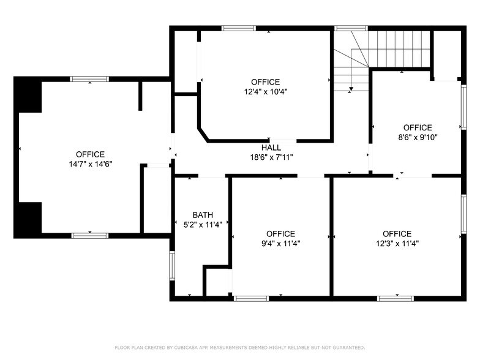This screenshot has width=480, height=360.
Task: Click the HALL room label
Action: coord(271,148)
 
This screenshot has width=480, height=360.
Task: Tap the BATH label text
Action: coord(203,215)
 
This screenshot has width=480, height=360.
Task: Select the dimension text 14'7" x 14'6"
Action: coord(90,164)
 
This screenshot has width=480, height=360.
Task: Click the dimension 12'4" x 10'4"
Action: coord(265,92)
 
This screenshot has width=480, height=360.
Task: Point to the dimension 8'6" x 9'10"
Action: coord(418,137)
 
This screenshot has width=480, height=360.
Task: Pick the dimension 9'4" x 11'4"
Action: coord(280,243)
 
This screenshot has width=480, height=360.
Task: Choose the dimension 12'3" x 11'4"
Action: coord(397,243)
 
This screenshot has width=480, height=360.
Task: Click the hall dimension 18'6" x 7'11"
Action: coord(271,157)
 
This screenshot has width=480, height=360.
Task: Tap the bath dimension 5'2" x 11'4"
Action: coord(203,224)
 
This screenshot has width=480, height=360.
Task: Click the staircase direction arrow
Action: coord(351,89)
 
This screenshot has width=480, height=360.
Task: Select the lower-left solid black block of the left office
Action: coord(28,219)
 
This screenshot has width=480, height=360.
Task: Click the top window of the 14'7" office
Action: coord(89,79)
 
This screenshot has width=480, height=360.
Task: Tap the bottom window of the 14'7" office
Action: coord(90,235)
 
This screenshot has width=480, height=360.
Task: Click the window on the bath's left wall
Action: coord(172,265)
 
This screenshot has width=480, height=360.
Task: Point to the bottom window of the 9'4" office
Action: coord(251,298)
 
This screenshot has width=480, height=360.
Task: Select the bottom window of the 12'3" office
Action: coord(395,298)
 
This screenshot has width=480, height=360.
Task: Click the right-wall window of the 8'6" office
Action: coord(463,107)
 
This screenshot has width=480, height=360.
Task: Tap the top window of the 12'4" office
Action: coord(239,28)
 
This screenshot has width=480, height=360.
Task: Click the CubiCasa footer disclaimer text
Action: coord(239,348)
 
